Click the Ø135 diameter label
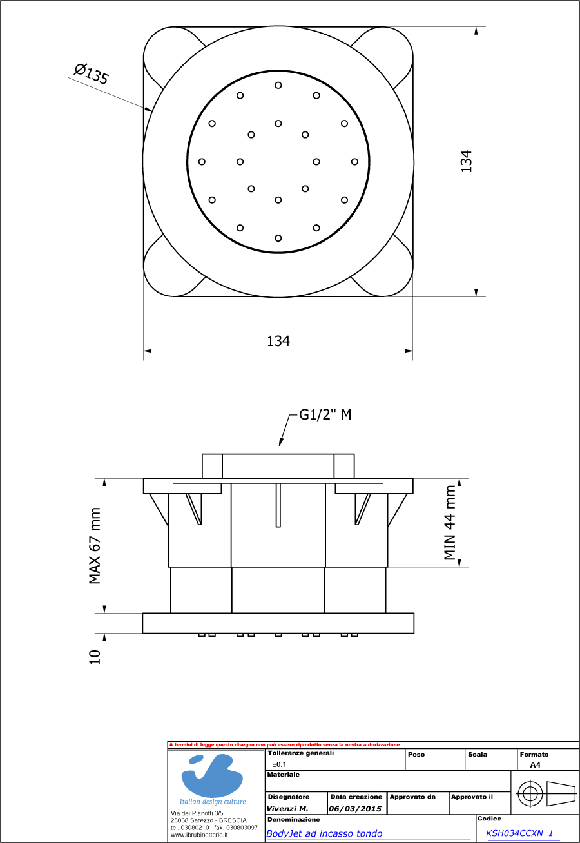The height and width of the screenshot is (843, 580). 91,73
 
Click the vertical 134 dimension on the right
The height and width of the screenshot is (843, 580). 466,161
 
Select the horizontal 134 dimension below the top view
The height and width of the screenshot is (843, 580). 278,341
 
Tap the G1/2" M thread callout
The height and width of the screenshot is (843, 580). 325,414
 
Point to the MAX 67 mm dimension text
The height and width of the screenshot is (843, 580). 95,546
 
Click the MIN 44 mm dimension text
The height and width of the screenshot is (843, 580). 450,523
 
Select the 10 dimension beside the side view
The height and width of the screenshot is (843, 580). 95,657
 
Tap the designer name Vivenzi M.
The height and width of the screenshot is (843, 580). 287,808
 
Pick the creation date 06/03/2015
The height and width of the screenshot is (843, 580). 355,808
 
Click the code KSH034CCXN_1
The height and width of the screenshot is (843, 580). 519,833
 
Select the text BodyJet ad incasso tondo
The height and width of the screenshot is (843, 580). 324,833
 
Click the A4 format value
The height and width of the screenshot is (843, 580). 535,765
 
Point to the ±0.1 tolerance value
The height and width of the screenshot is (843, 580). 280,764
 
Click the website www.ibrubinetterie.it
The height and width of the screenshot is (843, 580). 199,834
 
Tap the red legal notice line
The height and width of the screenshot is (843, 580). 284,744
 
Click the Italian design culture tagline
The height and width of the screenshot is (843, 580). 213,801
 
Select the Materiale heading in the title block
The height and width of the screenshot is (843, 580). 283,774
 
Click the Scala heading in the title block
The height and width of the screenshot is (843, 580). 478,754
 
